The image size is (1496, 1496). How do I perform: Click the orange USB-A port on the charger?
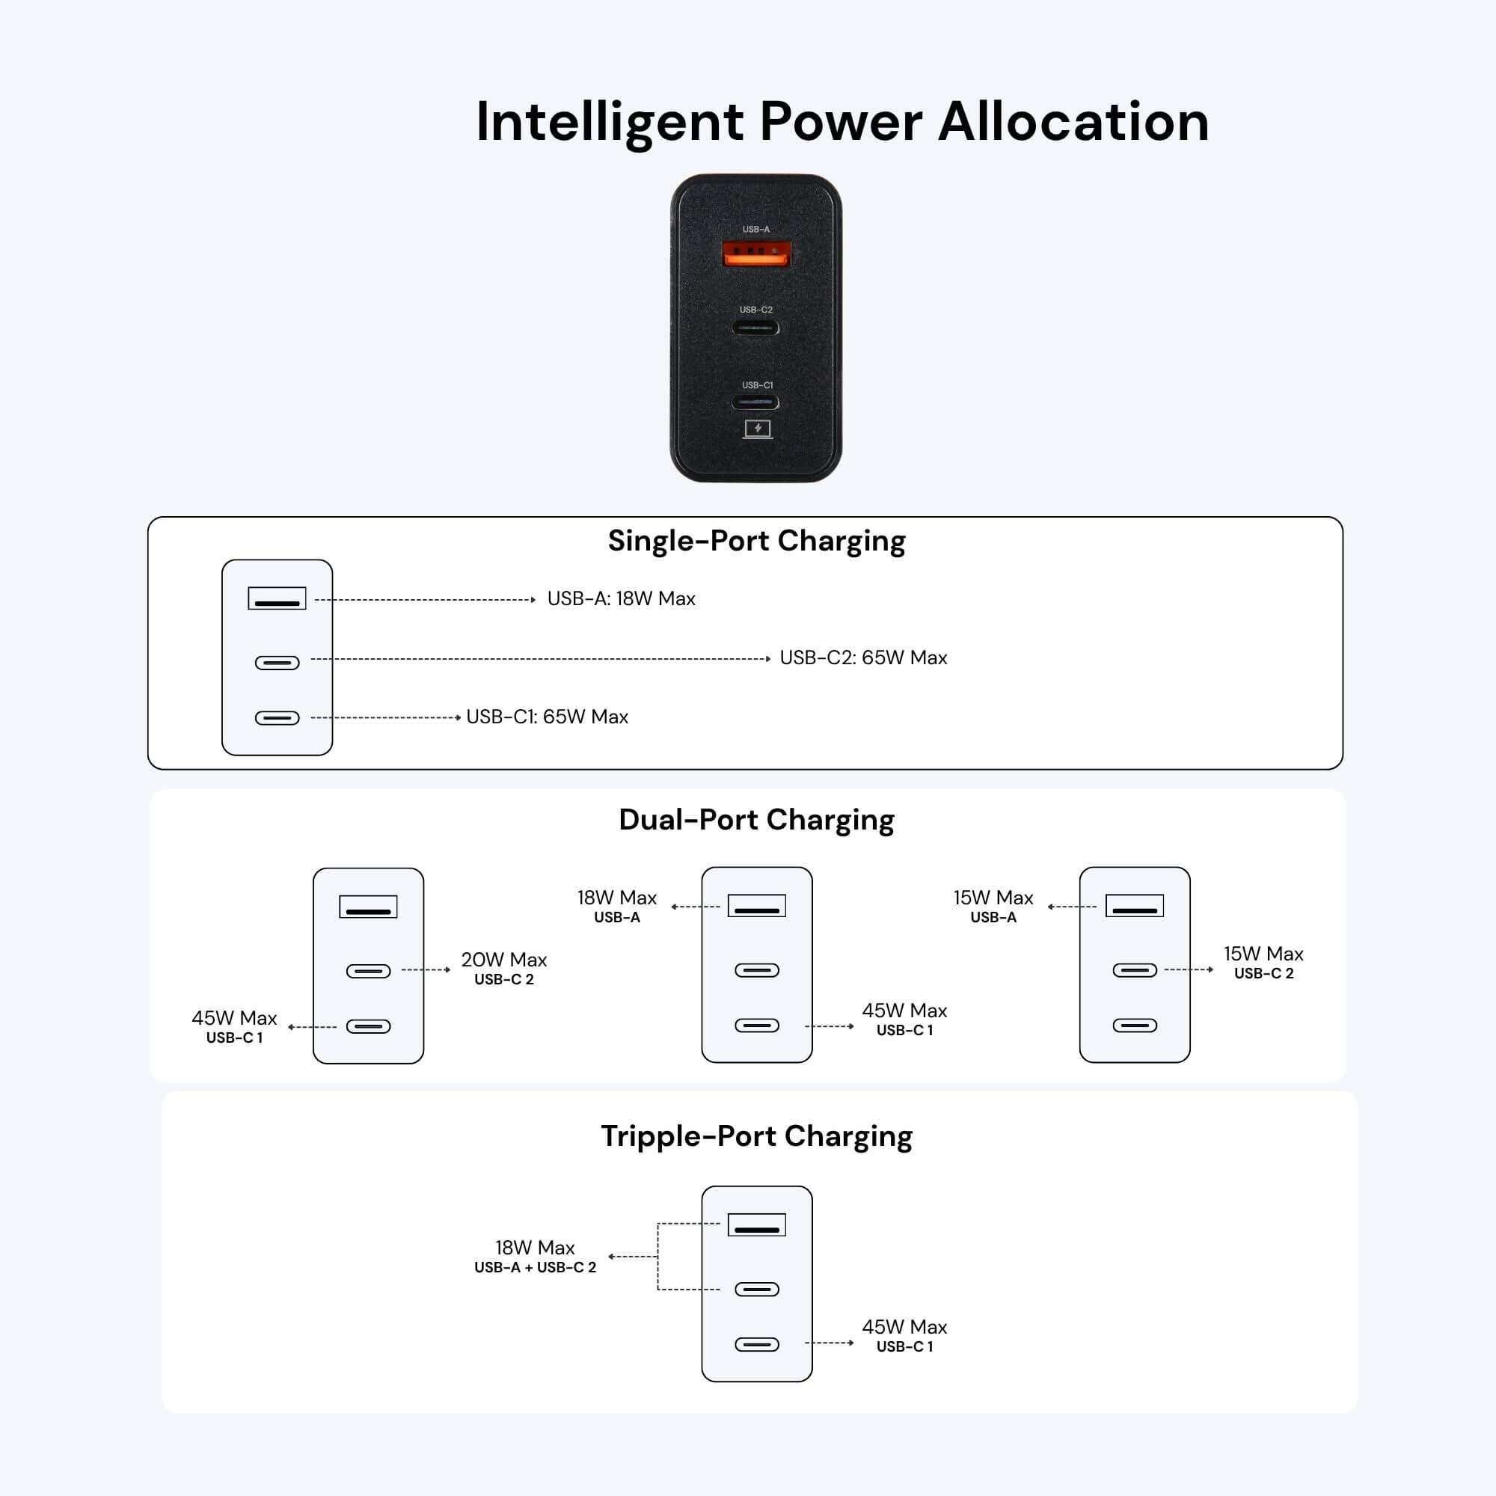[x=756, y=254]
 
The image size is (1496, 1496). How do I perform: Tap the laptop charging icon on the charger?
[x=757, y=429]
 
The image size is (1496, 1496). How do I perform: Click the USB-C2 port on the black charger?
[x=756, y=328]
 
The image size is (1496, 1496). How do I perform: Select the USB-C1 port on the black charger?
[x=756, y=402]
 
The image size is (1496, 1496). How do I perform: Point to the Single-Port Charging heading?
[x=756, y=541]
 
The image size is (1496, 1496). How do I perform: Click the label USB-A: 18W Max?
[x=621, y=598]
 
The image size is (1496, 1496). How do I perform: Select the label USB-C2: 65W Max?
[x=863, y=657]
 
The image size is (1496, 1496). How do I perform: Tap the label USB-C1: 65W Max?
[x=547, y=717]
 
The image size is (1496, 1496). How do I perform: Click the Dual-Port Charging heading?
[x=756, y=819]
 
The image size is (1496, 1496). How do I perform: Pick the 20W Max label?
[x=504, y=960]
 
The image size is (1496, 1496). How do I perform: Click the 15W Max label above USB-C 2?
[x=1263, y=953]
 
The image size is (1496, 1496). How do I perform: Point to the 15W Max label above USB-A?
[x=993, y=898]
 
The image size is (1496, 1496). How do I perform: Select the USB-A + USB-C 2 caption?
[x=535, y=1268]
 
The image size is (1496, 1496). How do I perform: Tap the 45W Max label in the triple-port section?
[x=904, y=1326]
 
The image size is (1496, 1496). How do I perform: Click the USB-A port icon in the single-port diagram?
[x=278, y=598]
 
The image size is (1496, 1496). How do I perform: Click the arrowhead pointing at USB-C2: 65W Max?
[x=767, y=659]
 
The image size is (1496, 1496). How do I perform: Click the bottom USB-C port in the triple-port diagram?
[x=756, y=1344]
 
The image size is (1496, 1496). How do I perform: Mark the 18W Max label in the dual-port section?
[x=616, y=898]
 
